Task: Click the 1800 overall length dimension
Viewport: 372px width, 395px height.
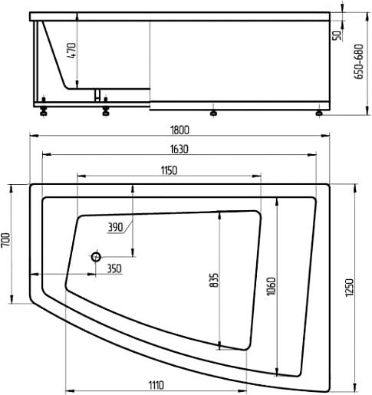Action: click(179, 130)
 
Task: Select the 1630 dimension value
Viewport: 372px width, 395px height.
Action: click(179, 149)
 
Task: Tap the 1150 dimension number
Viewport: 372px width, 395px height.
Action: click(169, 170)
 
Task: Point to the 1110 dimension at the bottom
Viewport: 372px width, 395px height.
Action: click(156, 385)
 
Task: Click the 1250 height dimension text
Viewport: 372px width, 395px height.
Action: click(349, 288)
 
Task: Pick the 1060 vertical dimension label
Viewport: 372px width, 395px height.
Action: click(271, 286)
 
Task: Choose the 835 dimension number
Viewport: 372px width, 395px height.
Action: click(214, 280)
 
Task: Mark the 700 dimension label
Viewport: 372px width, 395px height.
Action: click(5, 239)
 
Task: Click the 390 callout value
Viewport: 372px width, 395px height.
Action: click(115, 227)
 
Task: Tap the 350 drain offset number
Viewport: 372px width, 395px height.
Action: click(114, 268)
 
